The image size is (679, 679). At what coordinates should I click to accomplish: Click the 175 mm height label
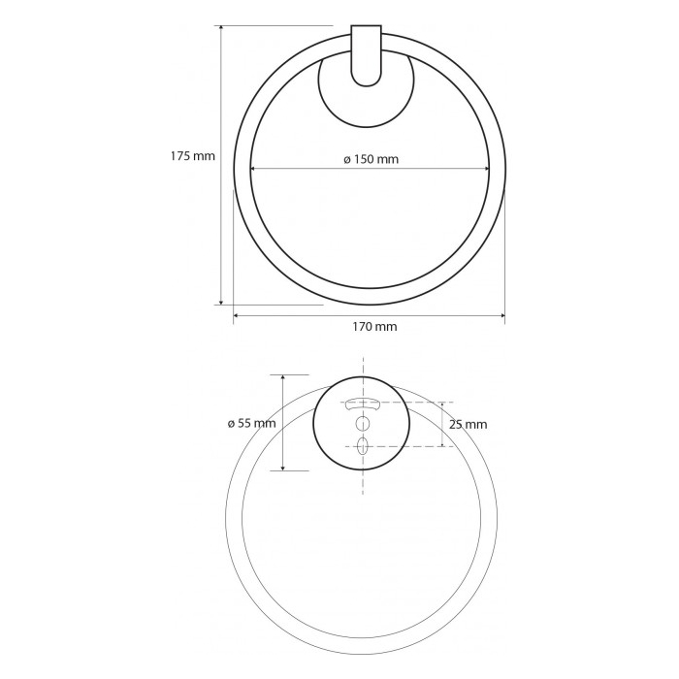tap(193, 156)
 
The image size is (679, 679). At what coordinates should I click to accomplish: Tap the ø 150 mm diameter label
tap(372, 159)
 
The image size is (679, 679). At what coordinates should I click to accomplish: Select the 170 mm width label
tap(374, 326)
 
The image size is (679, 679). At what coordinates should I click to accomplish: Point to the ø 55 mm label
tap(251, 423)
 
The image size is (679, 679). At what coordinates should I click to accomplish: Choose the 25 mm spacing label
tap(468, 425)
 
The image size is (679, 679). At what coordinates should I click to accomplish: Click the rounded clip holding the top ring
tap(367, 55)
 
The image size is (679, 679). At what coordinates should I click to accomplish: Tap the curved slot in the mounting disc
tap(362, 404)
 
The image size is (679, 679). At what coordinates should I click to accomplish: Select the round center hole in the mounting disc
tap(363, 423)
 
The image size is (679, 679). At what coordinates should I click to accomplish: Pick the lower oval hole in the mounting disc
tap(363, 445)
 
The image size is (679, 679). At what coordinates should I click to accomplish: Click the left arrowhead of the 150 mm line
tap(253, 169)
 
